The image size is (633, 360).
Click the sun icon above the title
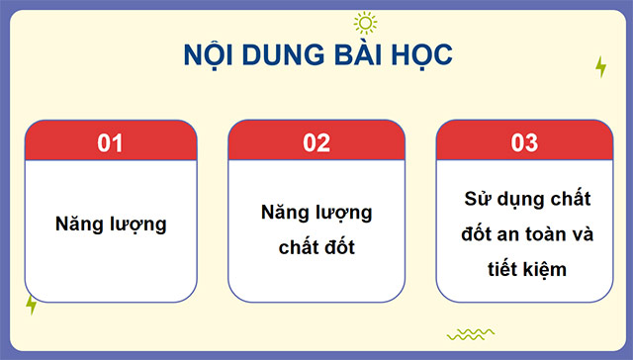click(x=365, y=23)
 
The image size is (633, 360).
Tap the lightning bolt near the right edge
click(x=600, y=66)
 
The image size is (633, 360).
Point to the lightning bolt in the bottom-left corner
click(x=32, y=305)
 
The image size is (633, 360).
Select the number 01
click(x=110, y=142)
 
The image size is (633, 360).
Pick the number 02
click(x=316, y=142)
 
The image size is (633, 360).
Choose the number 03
click(x=524, y=142)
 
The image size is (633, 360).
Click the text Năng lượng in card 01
click(x=110, y=224)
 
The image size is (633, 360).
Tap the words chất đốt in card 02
click(x=316, y=247)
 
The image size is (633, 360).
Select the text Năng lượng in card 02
click(x=316, y=213)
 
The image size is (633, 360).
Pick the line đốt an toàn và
click(x=524, y=234)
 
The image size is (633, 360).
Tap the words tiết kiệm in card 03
click(x=524, y=269)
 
